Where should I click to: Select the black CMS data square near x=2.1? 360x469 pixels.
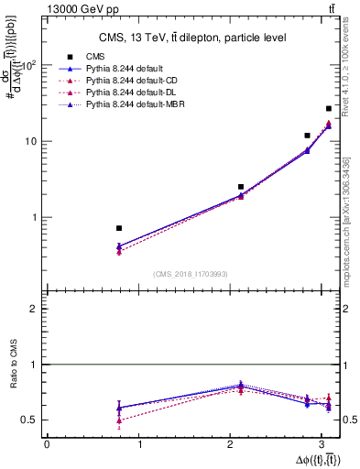tap(241, 187)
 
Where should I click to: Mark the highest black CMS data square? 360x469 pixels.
tap(329, 109)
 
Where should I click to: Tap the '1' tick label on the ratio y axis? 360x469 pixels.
tap(36, 365)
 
